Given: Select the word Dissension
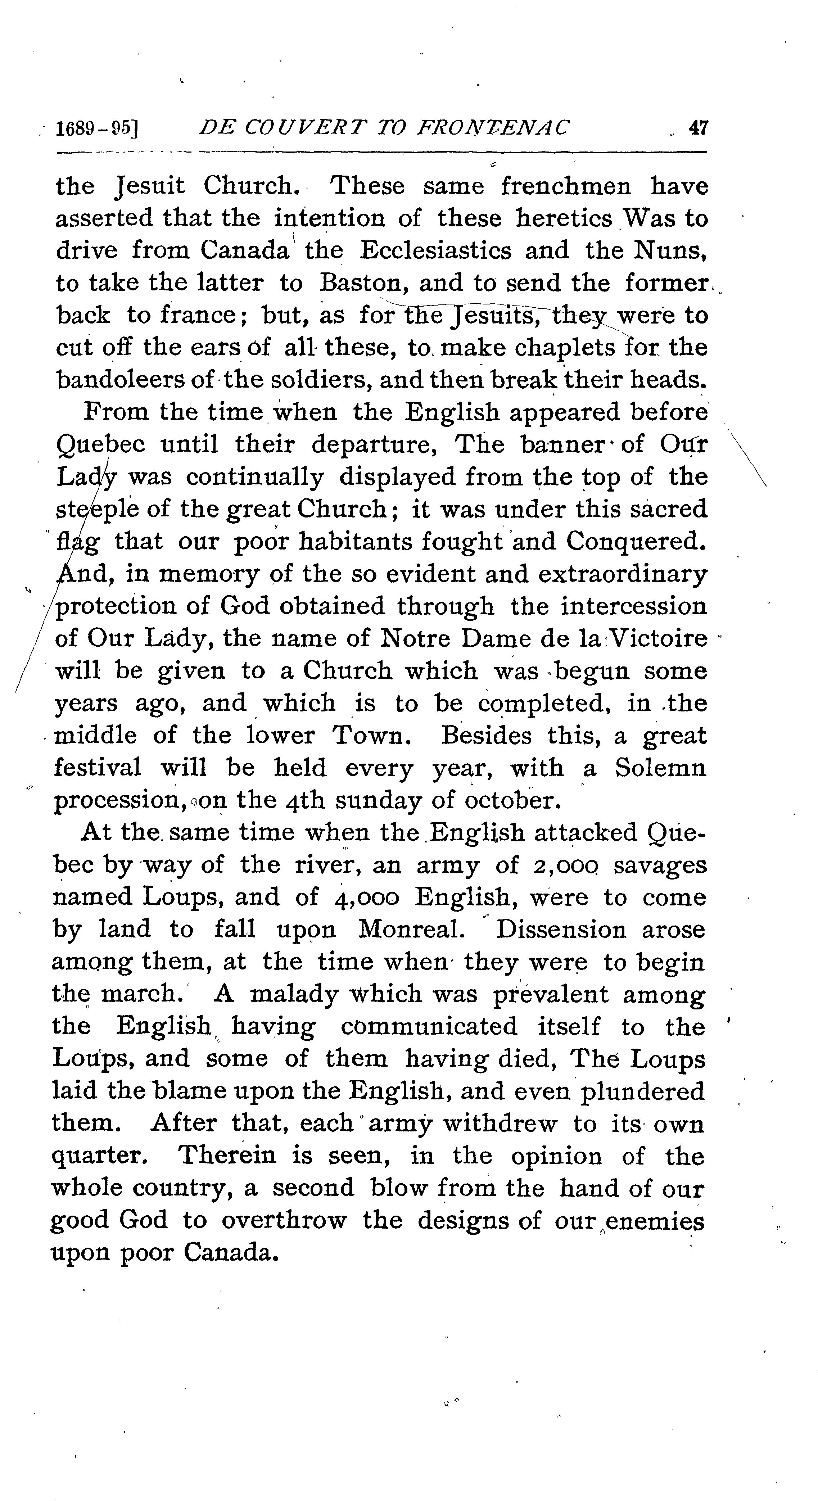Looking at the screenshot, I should tap(560, 930).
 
